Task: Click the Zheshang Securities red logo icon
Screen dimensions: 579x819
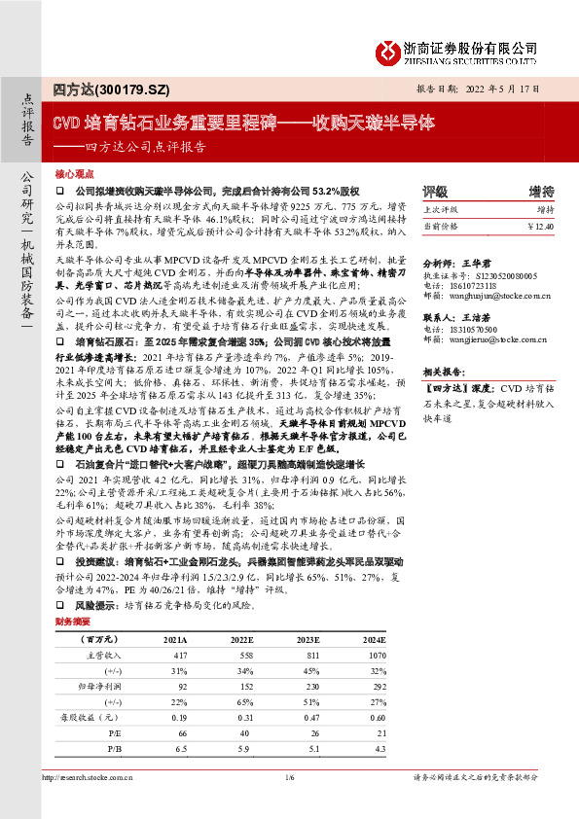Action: pos(388,51)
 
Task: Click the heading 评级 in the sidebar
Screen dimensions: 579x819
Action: pos(435,191)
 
